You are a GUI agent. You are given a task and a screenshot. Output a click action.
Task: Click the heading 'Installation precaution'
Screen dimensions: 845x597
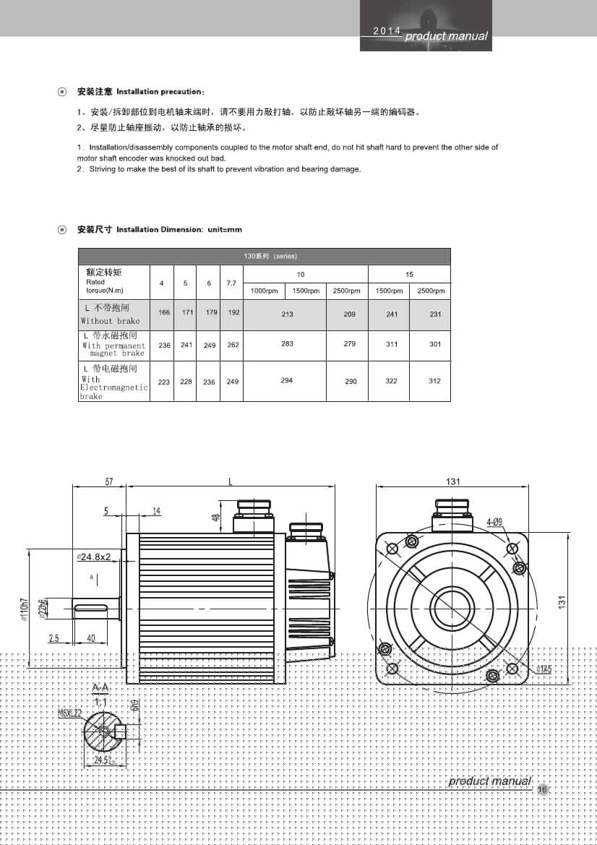(x=160, y=92)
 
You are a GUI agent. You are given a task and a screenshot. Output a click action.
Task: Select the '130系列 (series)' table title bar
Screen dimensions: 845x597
(x=264, y=257)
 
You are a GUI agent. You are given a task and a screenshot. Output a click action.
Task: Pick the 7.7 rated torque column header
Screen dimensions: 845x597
(x=231, y=283)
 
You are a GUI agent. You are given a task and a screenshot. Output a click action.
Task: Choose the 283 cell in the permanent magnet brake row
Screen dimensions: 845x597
(x=287, y=344)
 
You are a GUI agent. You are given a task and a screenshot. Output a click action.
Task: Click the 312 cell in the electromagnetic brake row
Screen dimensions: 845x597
(x=434, y=381)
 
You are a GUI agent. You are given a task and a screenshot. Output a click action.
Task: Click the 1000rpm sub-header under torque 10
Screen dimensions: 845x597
(x=264, y=291)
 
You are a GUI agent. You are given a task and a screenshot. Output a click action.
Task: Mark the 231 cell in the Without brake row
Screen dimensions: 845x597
(x=434, y=314)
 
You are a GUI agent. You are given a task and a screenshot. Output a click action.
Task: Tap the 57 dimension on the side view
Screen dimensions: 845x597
(x=109, y=481)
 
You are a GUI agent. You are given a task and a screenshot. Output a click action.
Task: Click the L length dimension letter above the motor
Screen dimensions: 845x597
(x=231, y=481)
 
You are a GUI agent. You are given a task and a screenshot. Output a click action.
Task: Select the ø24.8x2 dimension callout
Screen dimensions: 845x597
(x=94, y=557)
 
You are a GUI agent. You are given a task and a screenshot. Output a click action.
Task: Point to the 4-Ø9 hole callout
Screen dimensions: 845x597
(x=494, y=521)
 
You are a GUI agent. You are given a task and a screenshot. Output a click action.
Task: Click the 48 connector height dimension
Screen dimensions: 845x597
(x=215, y=518)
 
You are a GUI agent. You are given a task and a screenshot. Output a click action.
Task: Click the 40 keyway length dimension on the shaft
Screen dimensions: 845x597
(x=91, y=638)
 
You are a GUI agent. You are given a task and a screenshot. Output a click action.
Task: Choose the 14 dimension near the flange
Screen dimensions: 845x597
(x=156, y=511)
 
